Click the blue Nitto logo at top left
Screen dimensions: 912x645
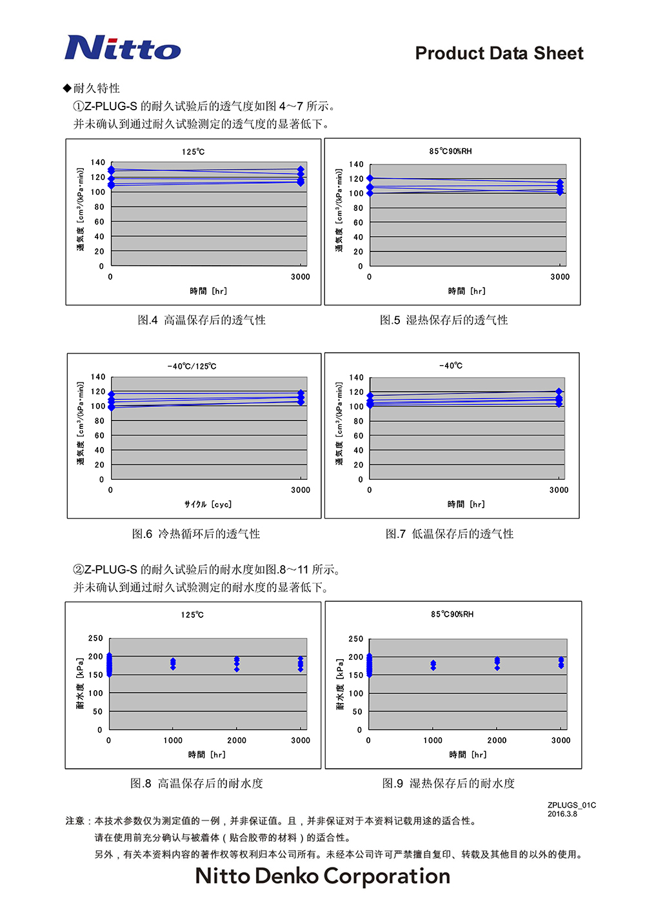click(123, 48)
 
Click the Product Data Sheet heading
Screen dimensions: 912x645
click(499, 54)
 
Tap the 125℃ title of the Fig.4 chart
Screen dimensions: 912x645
click(193, 152)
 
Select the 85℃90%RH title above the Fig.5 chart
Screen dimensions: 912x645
click(450, 152)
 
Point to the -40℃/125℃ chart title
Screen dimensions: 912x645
click(192, 366)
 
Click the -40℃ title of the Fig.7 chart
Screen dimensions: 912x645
click(451, 366)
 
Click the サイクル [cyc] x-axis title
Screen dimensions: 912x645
click(208, 504)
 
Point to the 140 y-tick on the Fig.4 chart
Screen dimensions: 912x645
click(97, 163)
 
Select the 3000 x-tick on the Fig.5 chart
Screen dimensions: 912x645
click(560, 277)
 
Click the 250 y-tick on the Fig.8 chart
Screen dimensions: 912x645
click(95, 639)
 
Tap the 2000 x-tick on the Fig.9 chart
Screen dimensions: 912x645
click(497, 740)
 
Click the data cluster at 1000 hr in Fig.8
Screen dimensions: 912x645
click(173, 664)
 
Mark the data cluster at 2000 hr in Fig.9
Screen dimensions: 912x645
click(497, 664)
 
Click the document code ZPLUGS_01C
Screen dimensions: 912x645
click(571, 805)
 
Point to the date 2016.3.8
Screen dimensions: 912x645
click(562, 814)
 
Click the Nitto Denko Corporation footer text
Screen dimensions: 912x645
click(322, 876)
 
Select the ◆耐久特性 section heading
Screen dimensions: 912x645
click(92, 88)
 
